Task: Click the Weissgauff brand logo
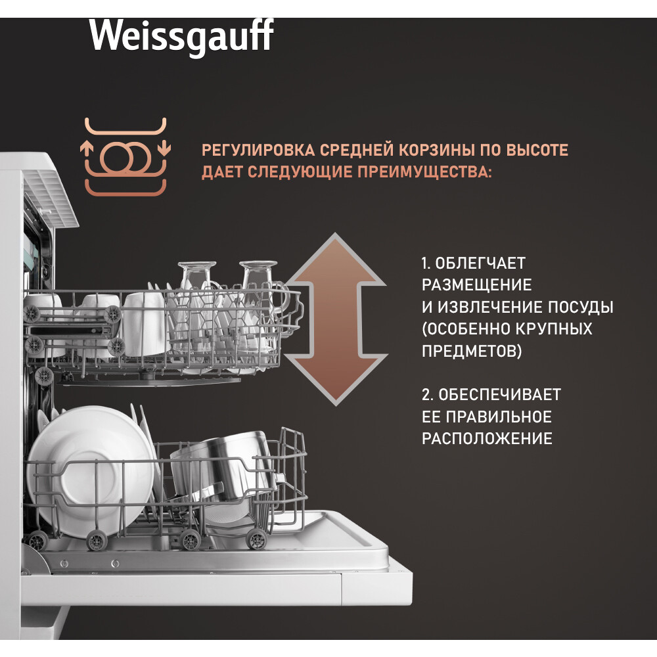click(181, 36)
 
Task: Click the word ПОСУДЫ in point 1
click(582, 307)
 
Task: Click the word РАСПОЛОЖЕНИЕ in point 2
click(487, 439)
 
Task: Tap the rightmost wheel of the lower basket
click(256, 540)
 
